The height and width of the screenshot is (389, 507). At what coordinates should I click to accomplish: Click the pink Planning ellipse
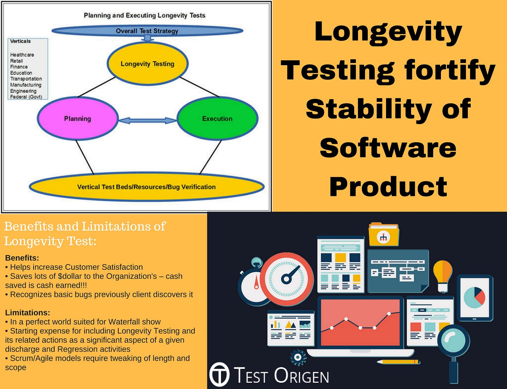tap(78, 118)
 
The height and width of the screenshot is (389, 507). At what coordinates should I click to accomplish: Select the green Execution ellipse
tap(217, 118)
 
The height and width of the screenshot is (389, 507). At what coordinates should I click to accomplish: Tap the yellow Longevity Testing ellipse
tap(147, 64)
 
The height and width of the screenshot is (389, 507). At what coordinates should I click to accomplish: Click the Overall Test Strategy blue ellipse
tap(147, 31)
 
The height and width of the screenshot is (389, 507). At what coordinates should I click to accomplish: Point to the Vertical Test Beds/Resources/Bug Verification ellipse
tap(146, 187)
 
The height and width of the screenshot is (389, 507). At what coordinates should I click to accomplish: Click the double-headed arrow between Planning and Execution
tap(147, 120)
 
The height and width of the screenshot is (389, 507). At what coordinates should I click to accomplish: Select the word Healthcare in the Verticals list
tap(22, 55)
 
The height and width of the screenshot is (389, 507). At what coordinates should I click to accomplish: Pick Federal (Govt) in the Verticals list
tap(26, 97)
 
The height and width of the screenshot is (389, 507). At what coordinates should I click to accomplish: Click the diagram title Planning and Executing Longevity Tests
tap(144, 15)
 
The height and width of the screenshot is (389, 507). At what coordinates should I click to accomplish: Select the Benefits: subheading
tap(22, 258)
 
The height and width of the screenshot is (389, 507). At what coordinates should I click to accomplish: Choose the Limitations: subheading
tap(27, 313)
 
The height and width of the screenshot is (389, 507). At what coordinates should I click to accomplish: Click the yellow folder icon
tap(383, 235)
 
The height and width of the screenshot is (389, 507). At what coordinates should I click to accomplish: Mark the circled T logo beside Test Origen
tap(219, 374)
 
